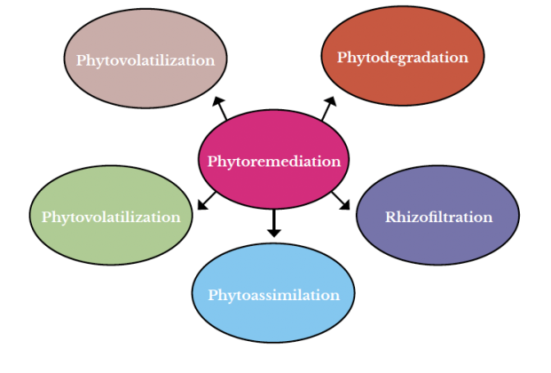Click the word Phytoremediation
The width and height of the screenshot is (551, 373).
273,162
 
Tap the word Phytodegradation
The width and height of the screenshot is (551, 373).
402,58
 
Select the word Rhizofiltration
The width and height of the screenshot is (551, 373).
438,217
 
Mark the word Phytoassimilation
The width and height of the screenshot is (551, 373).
273,295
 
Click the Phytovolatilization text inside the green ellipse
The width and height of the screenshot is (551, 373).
111,218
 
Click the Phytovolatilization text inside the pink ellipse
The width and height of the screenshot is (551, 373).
146,61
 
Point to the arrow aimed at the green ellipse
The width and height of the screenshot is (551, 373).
207,201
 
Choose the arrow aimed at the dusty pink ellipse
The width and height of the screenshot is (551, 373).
219,108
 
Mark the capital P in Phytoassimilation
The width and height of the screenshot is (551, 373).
213,295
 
